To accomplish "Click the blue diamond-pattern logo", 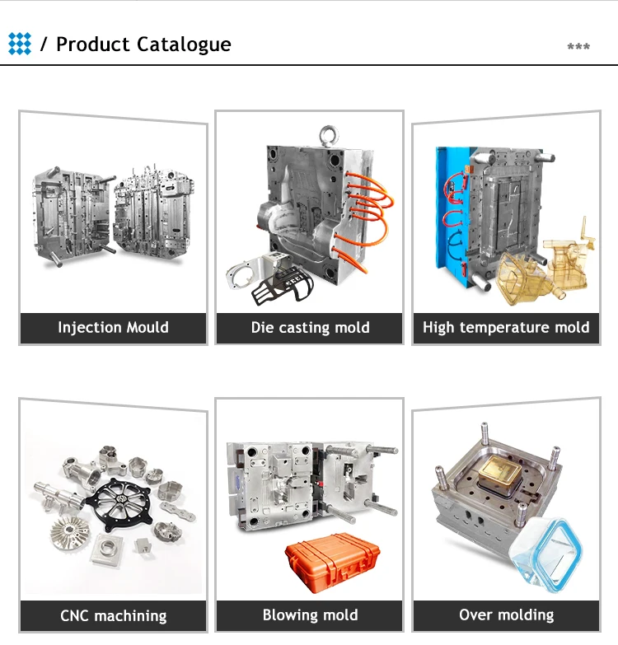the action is click(x=19, y=44).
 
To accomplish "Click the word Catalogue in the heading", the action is click(x=184, y=44).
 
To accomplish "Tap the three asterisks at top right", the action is click(x=578, y=46).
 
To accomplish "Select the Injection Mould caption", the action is click(x=113, y=327).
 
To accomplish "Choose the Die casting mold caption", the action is click(x=310, y=327).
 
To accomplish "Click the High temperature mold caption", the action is click(x=506, y=327).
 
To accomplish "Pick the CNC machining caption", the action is click(x=114, y=616).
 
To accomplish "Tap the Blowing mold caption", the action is click(x=310, y=615).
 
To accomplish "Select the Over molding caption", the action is click(x=507, y=615).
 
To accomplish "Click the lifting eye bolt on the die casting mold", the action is click(x=329, y=136).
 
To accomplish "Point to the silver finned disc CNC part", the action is click(x=69, y=535).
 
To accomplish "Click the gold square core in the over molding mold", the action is click(x=499, y=472).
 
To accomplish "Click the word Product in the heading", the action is click(x=93, y=44).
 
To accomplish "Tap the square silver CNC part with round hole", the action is click(x=107, y=549).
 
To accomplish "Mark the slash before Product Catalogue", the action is click(x=44, y=44).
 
